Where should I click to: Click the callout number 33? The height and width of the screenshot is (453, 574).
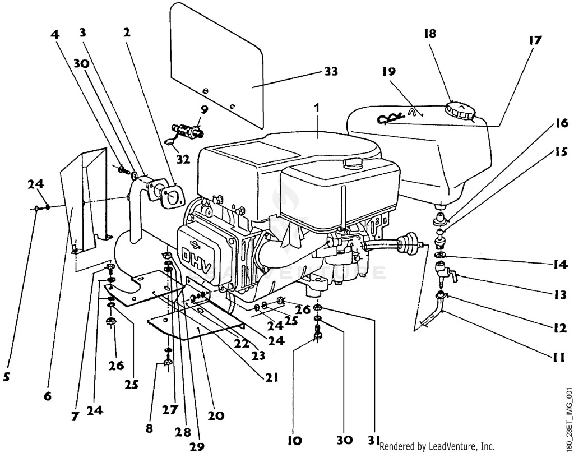coord(331,71)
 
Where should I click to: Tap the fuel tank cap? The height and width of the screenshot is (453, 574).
coord(460,110)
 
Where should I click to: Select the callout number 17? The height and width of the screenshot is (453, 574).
coord(535,40)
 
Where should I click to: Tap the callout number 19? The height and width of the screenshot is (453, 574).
coord(389,71)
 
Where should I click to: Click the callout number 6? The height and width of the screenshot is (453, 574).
coord(48,396)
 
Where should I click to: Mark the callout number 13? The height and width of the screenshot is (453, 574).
coord(560,294)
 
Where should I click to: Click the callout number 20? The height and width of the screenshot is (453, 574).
coord(216,415)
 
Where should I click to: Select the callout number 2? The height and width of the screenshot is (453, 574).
coord(127,32)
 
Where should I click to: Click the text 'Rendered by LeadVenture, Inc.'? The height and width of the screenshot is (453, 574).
coord(437,446)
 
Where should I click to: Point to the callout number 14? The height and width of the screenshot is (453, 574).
coord(561,264)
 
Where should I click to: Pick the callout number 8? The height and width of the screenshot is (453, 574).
coord(149,428)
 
